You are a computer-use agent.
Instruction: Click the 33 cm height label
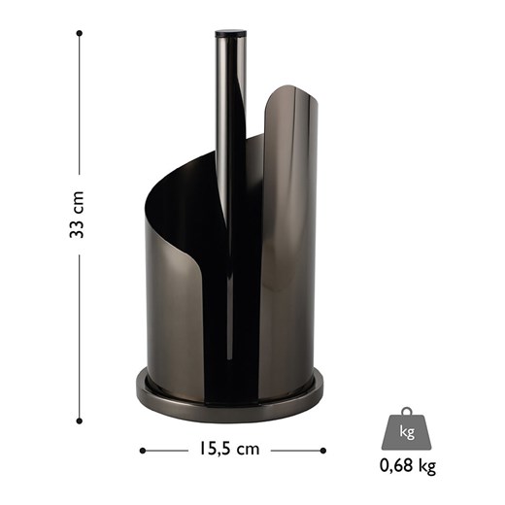[77, 215]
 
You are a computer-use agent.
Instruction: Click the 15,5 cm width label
[229, 449]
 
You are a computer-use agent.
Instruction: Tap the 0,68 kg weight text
[408, 466]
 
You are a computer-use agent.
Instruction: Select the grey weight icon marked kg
[407, 428]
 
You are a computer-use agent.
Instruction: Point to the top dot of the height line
[80, 33]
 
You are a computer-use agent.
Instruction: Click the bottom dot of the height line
[80, 421]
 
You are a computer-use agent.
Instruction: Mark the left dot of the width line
[143, 451]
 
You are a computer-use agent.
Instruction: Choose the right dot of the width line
[322, 451]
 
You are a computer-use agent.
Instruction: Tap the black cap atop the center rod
[230, 33]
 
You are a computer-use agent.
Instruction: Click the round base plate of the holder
[229, 407]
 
